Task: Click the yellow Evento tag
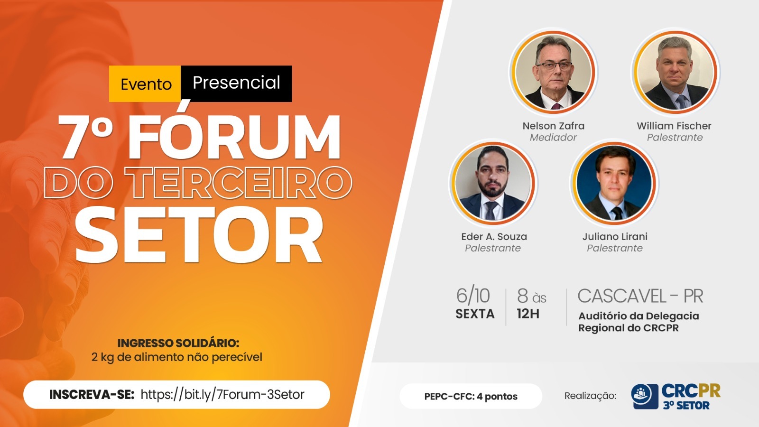coord(145,84)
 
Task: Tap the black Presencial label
coord(237,84)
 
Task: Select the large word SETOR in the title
coord(199,234)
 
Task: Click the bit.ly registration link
coord(222,394)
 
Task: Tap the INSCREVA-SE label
coord(92,395)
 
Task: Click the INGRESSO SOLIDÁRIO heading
coord(178,343)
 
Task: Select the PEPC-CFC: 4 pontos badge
coord(471,396)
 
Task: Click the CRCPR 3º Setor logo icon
coord(645,396)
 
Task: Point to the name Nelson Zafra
coord(553,126)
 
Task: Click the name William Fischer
coord(674,126)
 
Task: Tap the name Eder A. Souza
coord(494,237)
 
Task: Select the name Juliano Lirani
coord(615,237)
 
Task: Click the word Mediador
coord(553,138)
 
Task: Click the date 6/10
coord(473,296)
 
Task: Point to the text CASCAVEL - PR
coord(640,296)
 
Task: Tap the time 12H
coord(528,314)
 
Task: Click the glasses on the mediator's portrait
coord(554,66)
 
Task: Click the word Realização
coord(590,396)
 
